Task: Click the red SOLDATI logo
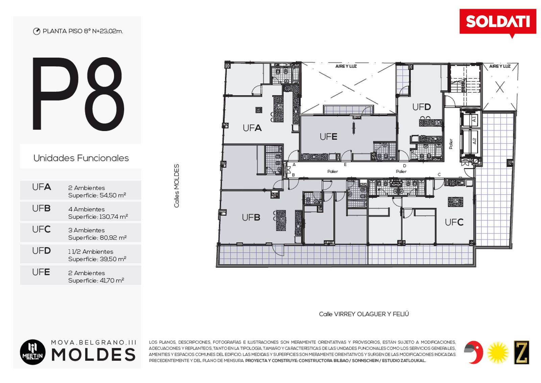(498, 22)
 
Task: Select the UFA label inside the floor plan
(252, 128)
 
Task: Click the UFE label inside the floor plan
(328, 137)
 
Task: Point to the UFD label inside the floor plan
(421, 107)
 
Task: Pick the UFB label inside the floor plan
(251, 218)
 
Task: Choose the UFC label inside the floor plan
(454, 222)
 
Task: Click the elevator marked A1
(470, 119)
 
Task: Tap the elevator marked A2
(470, 141)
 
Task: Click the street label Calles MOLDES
(177, 186)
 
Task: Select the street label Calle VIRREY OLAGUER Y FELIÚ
(364, 314)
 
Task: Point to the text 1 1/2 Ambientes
(91, 252)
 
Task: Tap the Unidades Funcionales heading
(81, 158)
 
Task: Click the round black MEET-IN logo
(32, 352)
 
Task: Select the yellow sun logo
(498, 353)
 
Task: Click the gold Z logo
(521, 352)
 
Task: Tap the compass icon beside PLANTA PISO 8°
(37, 32)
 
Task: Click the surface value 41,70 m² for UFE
(112, 280)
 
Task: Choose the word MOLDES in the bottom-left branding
(93, 355)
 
